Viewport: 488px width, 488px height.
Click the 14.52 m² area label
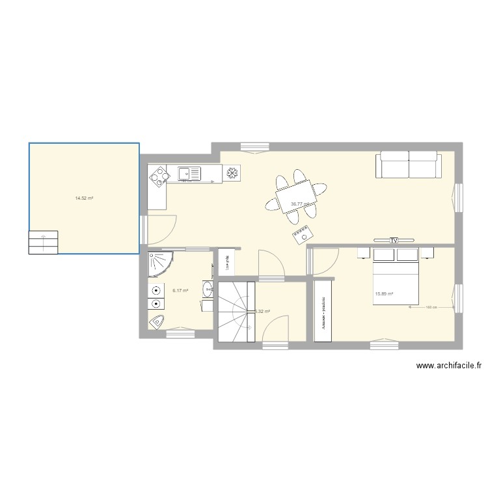84,198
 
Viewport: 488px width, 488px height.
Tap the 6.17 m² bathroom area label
180,291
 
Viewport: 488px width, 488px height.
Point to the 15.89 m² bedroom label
384,293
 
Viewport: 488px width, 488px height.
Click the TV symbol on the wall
393,240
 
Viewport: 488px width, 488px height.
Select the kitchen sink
189,173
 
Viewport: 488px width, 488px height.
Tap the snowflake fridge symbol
232,173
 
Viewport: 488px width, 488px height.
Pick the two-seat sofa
408,165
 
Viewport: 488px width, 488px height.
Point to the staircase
235,311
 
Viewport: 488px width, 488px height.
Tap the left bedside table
362,252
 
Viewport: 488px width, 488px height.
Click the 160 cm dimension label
429,307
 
